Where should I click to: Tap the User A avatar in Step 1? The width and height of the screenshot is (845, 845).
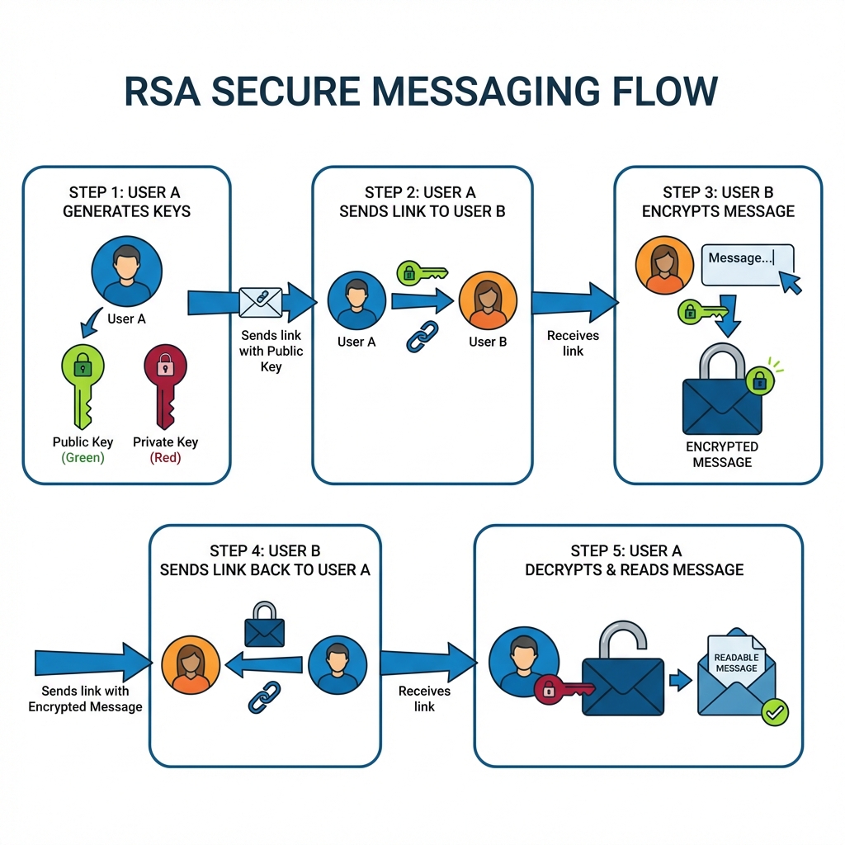click(127, 271)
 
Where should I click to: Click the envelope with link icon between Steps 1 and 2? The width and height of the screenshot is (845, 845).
click(260, 303)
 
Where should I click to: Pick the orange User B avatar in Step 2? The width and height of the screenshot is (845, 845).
click(488, 302)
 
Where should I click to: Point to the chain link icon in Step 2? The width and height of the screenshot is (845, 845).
click(422, 337)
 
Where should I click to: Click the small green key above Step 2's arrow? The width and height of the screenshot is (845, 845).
click(421, 272)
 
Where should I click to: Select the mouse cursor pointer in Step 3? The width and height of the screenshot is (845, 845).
click(791, 284)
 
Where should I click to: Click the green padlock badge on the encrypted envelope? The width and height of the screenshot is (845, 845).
click(759, 380)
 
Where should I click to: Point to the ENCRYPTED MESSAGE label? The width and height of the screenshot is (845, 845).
click(722, 454)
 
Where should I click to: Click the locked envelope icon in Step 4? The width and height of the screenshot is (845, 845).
click(265, 625)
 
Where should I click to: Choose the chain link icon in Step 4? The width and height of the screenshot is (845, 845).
click(265, 697)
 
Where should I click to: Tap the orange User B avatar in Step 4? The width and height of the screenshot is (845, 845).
click(191, 665)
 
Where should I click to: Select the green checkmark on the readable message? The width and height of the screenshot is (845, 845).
click(774, 711)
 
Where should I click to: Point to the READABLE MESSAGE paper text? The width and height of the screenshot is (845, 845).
click(736, 662)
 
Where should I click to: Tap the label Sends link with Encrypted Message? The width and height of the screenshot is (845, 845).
click(85, 698)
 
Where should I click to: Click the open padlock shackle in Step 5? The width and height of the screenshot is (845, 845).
click(622, 640)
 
